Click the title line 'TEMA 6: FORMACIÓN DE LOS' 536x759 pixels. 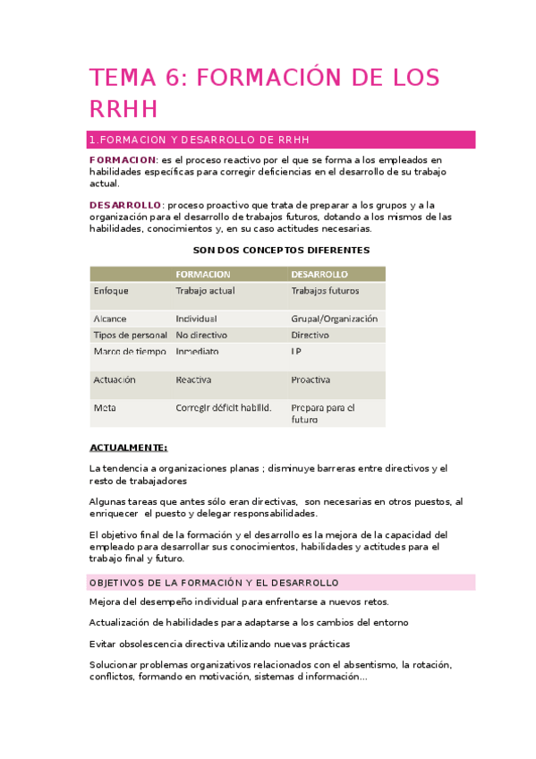[x=264, y=78]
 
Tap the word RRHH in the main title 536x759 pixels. [x=123, y=109]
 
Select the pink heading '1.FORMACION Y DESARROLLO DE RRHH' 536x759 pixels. [x=200, y=140]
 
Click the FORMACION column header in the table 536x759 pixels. [x=203, y=274]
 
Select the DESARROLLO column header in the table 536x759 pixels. [x=319, y=274]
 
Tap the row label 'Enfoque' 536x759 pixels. [x=111, y=291]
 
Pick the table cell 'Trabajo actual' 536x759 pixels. [x=205, y=291]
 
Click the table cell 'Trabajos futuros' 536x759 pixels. [x=325, y=291]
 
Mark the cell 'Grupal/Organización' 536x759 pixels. [x=334, y=318]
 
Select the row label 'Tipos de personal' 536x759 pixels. [x=129, y=335]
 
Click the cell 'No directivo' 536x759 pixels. [x=200, y=335]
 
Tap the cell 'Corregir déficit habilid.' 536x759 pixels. [x=223, y=408]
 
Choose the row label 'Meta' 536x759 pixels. [x=104, y=407]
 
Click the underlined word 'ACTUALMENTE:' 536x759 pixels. [x=129, y=448]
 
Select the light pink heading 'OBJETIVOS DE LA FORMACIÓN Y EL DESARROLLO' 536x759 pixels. [x=214, y=583]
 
